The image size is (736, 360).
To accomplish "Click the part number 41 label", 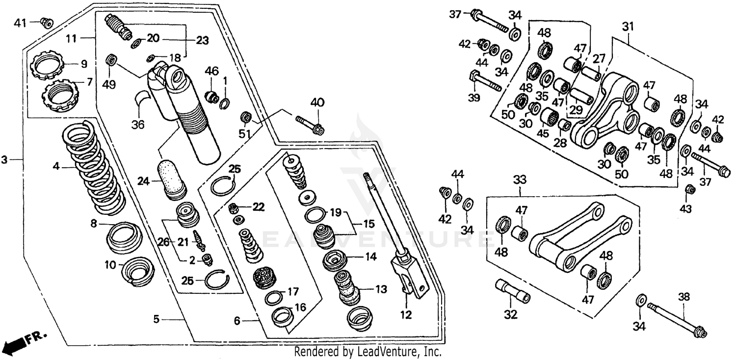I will point(20,23).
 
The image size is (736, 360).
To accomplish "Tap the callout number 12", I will point(406,314).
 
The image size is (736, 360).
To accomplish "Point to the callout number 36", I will point(138,125).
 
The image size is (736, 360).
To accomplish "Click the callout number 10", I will point(111,265).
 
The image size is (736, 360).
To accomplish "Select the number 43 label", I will point(685,209).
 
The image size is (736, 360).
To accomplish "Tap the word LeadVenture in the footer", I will point(394,352).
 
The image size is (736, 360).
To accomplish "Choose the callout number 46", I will point(211,72).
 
